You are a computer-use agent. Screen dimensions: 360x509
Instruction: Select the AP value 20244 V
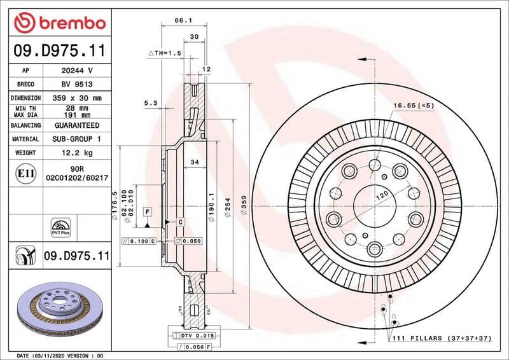pyautogui.click(x=77, y=71)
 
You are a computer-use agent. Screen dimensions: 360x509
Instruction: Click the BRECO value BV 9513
pyautogui.click(x=77, y=84)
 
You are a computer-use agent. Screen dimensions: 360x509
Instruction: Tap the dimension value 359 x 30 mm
pyautogui.click(x=77, y=98)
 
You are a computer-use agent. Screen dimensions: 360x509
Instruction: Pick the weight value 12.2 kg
pyautogui.click(x=77, y=153)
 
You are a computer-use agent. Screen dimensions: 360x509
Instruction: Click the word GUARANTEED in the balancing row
pyautogui.click(x=77, y=125)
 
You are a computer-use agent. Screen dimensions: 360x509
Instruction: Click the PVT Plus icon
pyautogui.click(x=61, y=228)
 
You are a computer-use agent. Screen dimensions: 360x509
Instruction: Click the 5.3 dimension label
pyautogui.click(x=150, y=102)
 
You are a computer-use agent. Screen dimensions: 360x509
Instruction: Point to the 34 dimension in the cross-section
pyautogui.click(x=195, y=163)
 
